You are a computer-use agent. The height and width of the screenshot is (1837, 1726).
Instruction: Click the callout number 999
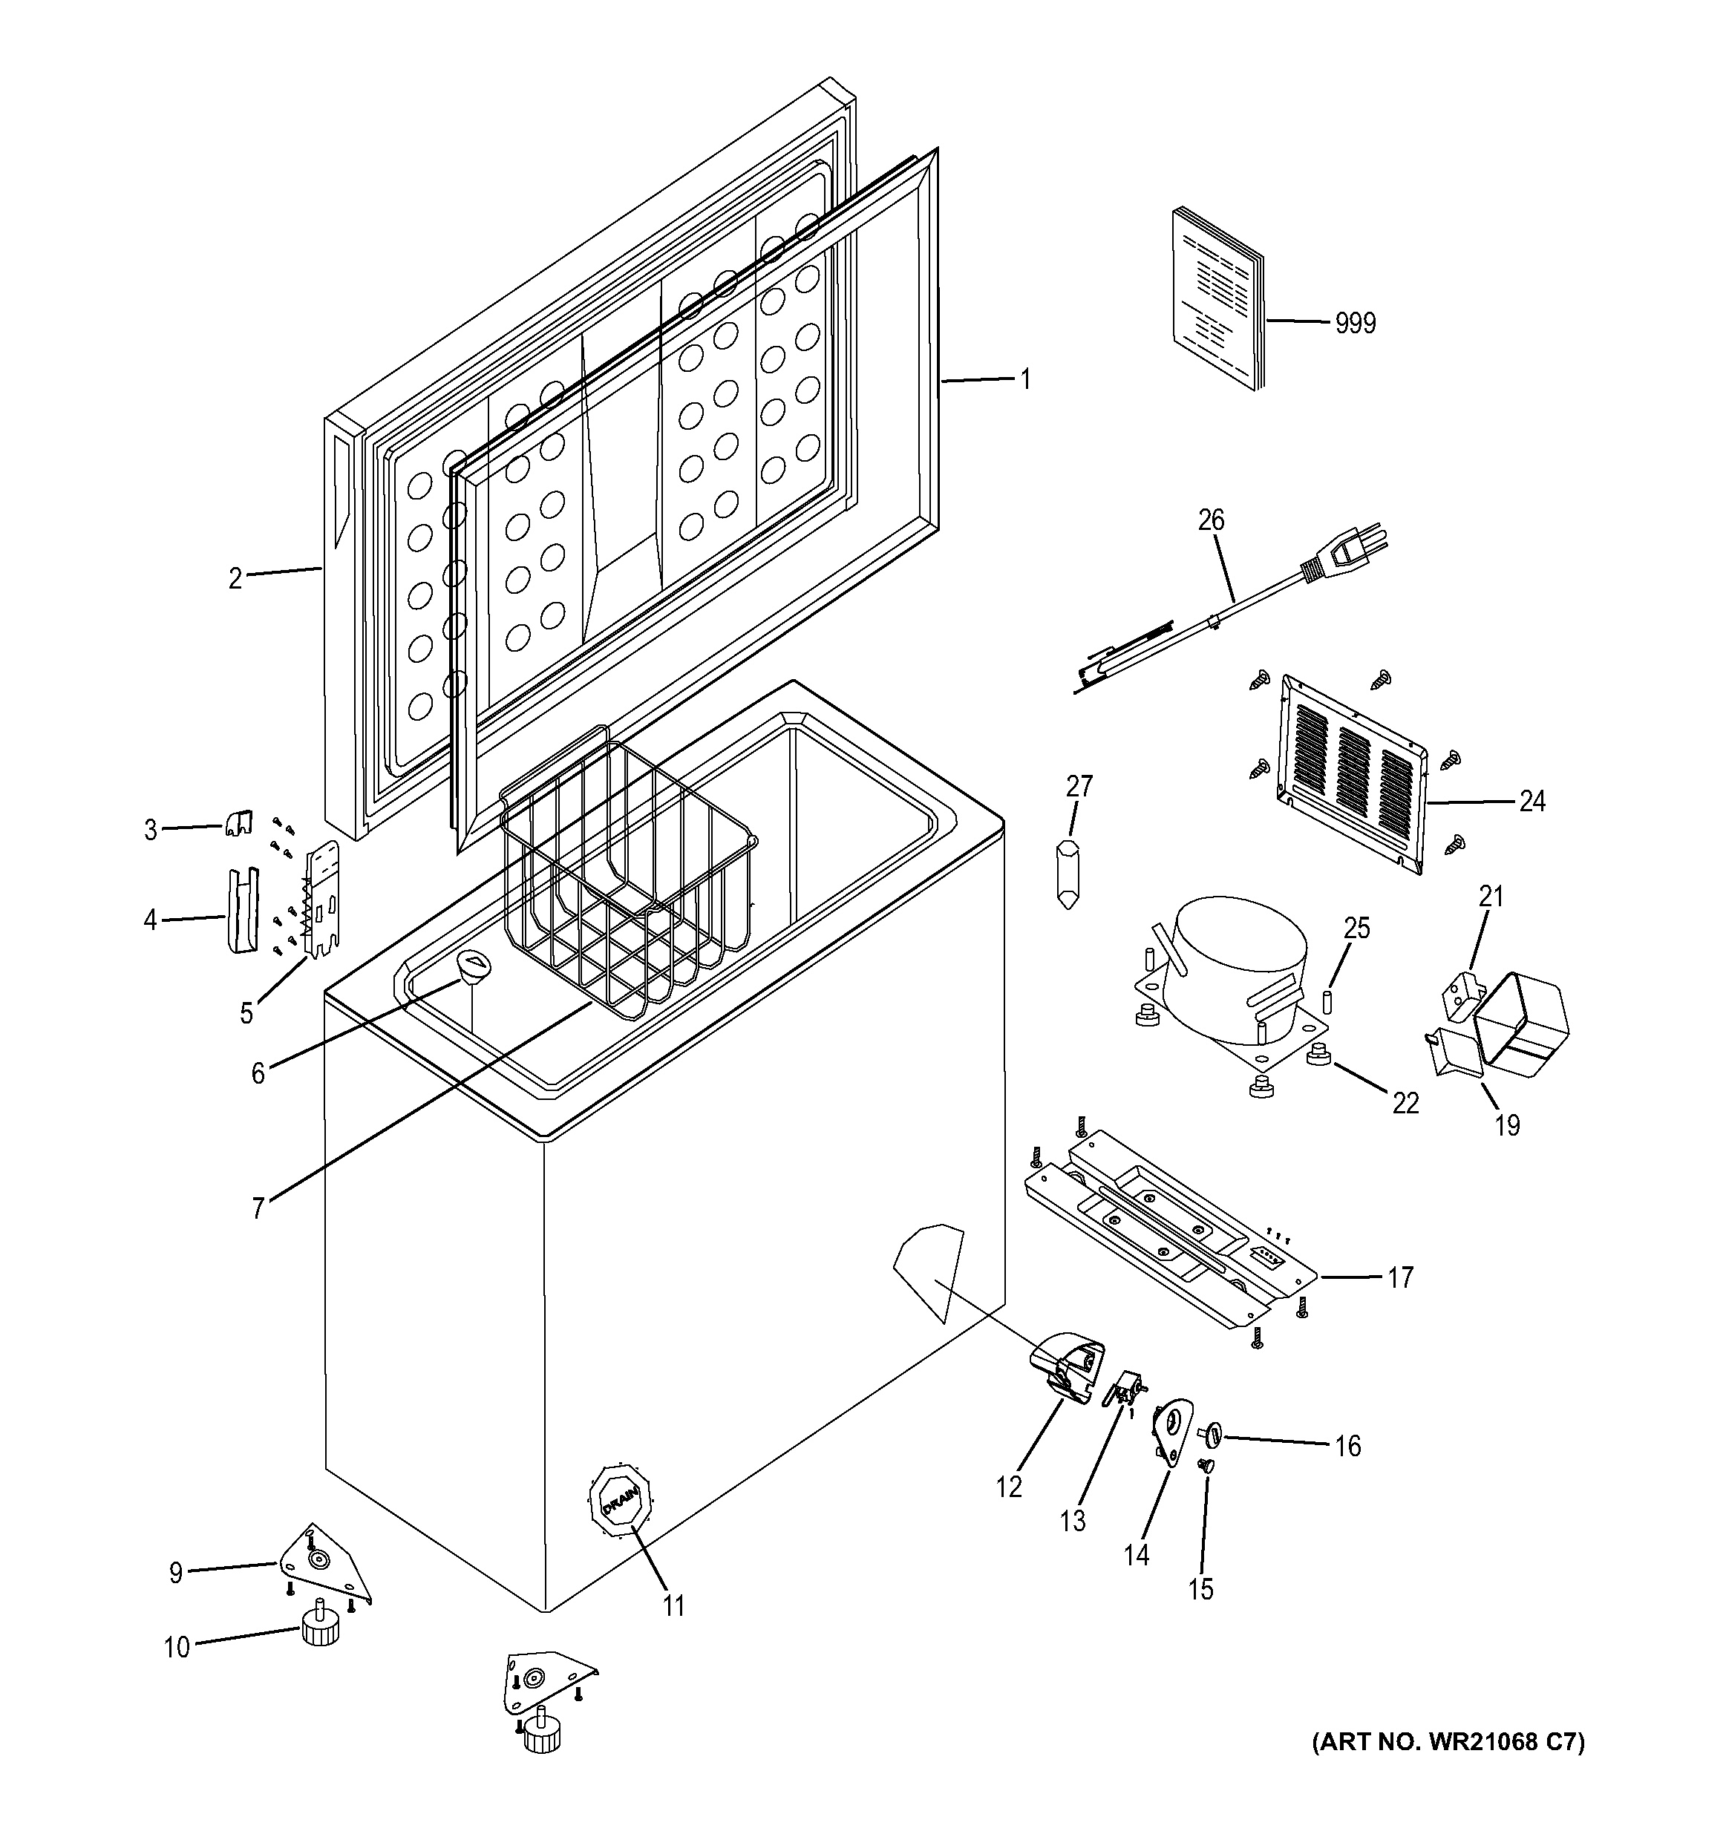click(x=1355, y=324)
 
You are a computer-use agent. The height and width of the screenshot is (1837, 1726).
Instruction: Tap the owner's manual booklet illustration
click(x=1217, y=301)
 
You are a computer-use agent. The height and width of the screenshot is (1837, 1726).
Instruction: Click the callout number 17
click(x=1400, y=1277)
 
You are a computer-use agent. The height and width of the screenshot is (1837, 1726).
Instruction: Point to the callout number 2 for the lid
click(x=235, y=578)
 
